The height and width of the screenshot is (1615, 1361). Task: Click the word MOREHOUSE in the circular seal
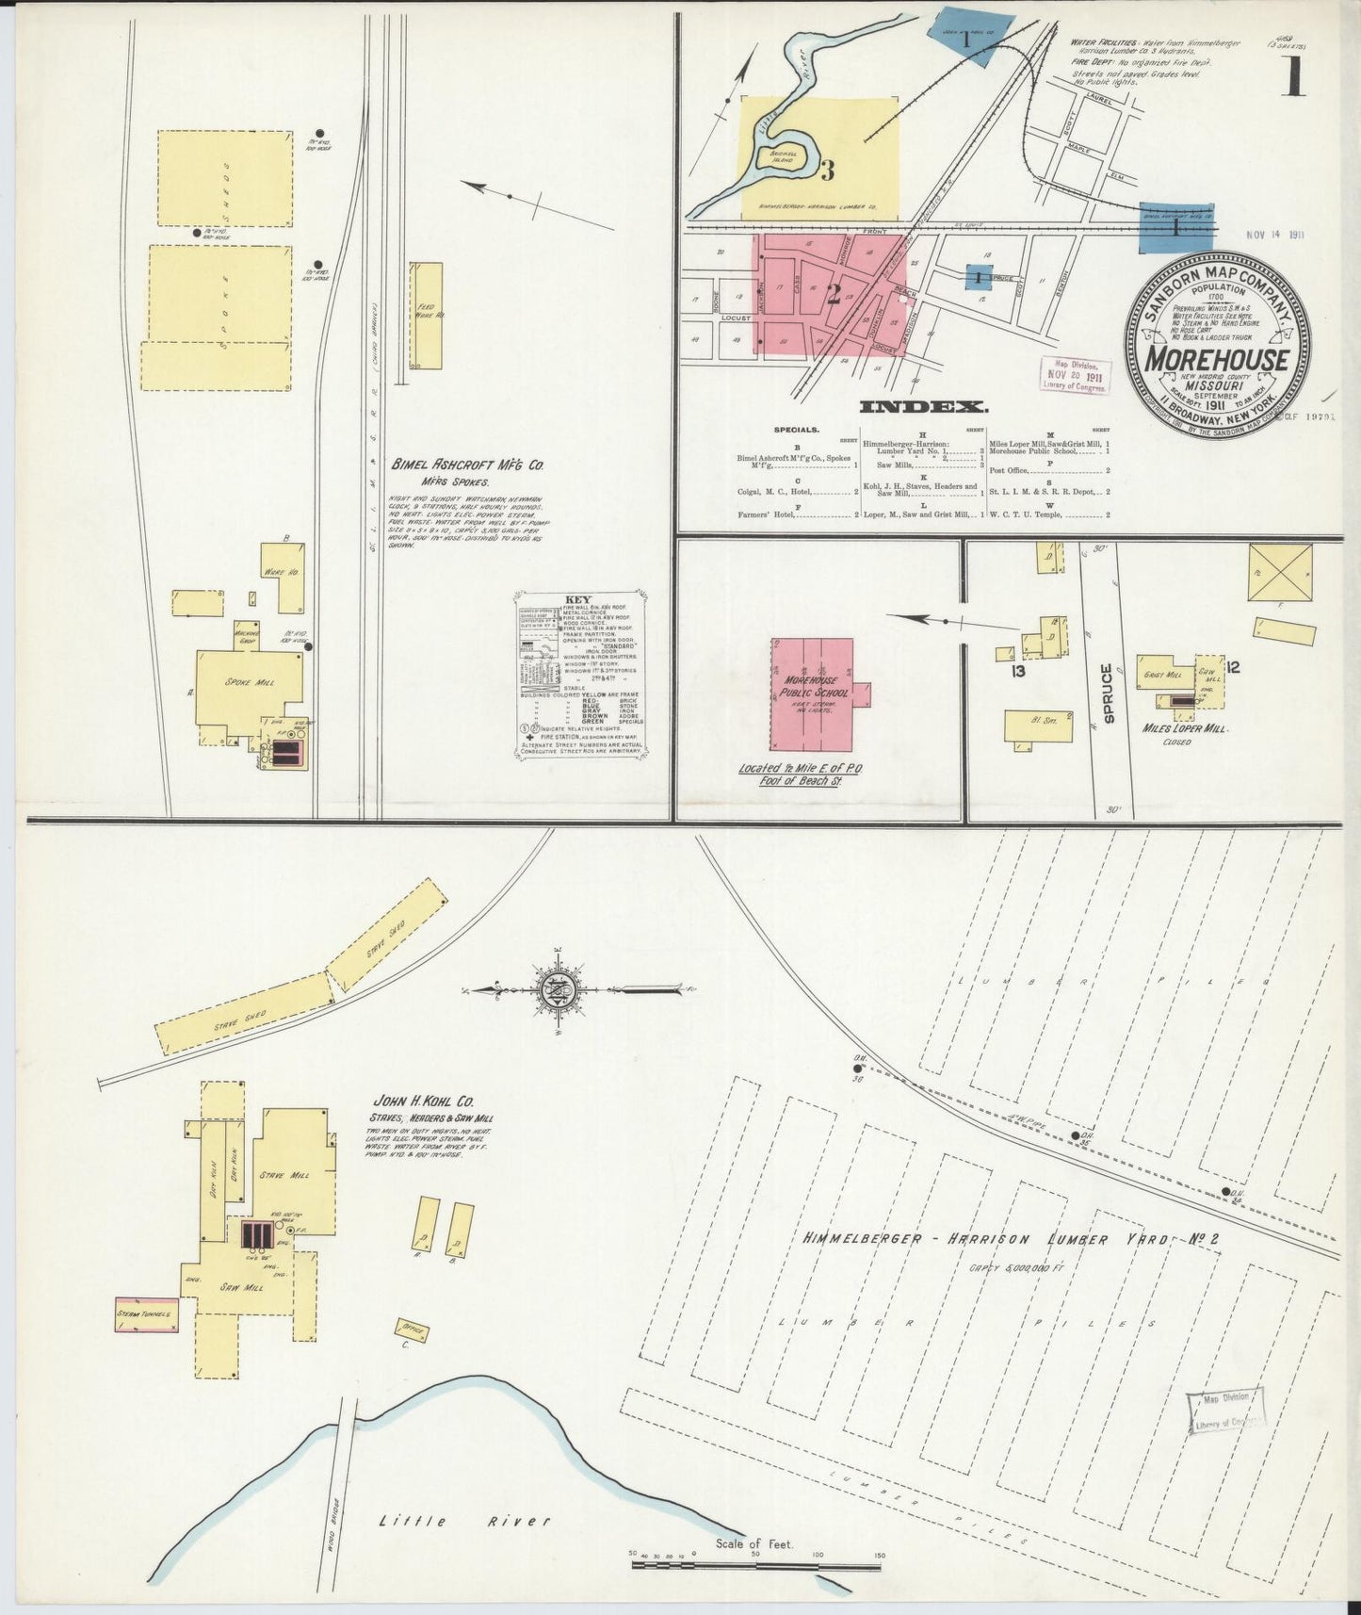click(1217, 360)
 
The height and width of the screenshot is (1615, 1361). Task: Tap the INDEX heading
click(924, 407)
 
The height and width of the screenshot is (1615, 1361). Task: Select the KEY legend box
click(580, 673)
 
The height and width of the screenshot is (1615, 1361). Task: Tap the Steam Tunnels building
click(146, 1313)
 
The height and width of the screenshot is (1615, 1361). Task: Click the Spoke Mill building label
click(250, 681)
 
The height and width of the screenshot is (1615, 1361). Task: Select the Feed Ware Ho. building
click(426, 316)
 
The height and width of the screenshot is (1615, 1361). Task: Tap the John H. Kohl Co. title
click(424, 1101)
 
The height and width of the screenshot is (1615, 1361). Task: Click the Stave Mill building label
click(298, 1175)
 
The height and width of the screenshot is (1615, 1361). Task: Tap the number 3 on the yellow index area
click(827, 171)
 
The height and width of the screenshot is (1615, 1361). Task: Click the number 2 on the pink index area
click(833, 294)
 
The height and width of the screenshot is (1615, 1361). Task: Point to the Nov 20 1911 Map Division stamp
click(1074, 375)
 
